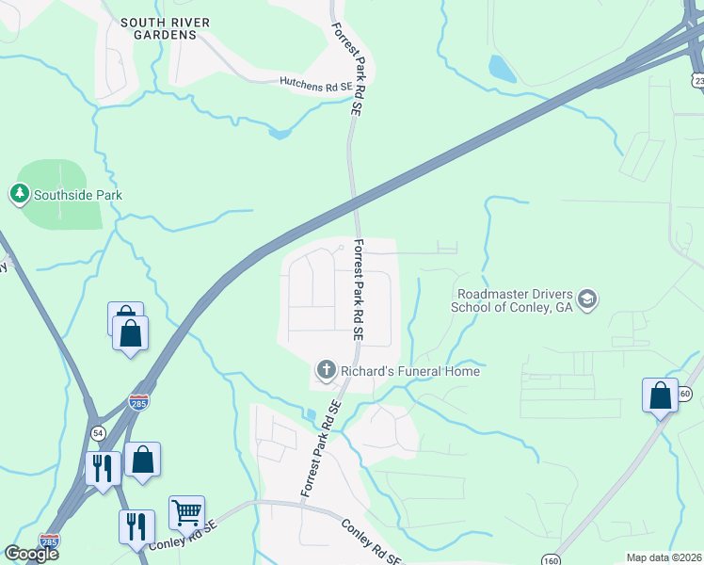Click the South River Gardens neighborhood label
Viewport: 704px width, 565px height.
click(159, 27)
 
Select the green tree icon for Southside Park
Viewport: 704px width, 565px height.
click(19, 195)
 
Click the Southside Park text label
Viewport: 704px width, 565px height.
click(78, 196)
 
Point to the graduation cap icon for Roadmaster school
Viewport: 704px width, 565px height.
click(587, 299)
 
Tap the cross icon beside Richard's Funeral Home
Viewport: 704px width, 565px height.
click(326, 370)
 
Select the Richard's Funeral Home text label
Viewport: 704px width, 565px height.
click(410, 371)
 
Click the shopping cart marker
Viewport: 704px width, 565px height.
click(186, 513)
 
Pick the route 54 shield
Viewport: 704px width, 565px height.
click(98, 430)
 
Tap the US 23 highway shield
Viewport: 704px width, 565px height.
click(698, 81)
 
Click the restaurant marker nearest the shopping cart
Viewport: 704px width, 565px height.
click(136, 525)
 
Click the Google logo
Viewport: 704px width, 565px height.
click(32, 554)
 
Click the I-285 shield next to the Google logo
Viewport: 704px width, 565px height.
click(49, 541)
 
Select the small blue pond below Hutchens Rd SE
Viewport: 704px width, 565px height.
click(280, 134)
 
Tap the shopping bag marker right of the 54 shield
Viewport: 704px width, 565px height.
click(142, 460)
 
